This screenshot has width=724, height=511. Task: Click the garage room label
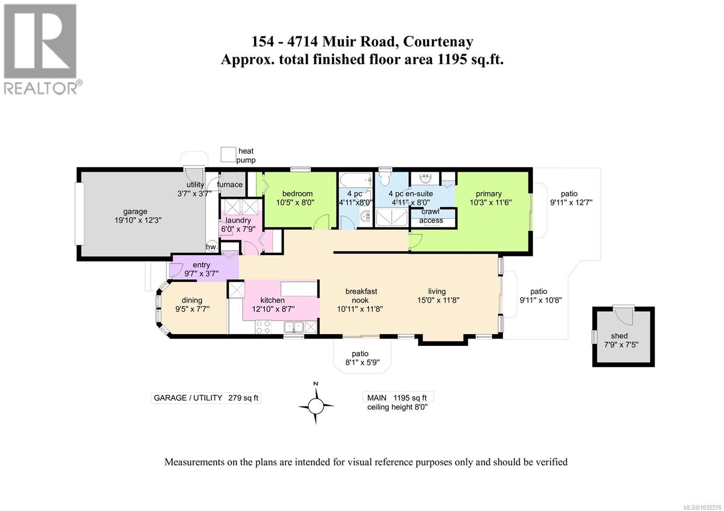pos(135,211)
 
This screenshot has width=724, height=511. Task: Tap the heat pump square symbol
pos(229,154)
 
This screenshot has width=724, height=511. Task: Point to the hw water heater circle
pos(211,246)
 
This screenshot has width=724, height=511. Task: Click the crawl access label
pos(430,216)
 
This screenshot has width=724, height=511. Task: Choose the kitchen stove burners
pos(263,327)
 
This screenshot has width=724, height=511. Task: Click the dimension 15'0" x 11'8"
pos(438,300)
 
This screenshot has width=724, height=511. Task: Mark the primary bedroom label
pos(489,194)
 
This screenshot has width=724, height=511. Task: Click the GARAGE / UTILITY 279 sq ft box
pos(206,398)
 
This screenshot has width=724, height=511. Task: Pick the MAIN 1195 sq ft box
pos(397,397)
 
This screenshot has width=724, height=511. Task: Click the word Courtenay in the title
pos(438,41)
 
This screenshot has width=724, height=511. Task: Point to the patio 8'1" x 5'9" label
pos(360,358)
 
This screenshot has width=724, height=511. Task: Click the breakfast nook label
pos(361,296)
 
